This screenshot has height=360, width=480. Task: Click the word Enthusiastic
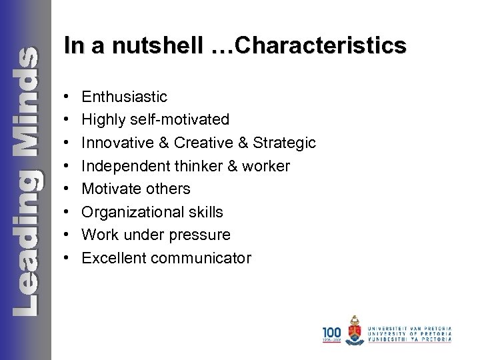point(124,97)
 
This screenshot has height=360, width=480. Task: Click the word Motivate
point(109,189)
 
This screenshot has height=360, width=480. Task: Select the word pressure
point(201,235)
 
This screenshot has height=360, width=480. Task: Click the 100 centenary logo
point(331,333)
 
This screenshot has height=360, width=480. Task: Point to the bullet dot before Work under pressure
point(70,235)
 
